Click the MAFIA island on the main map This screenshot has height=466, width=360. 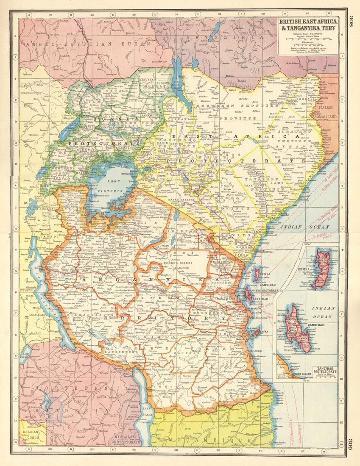tap(256, 333)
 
